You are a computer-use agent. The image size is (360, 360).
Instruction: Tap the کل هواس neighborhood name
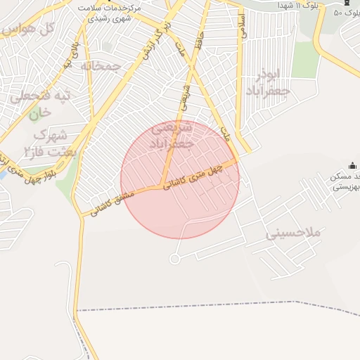pos(27,30)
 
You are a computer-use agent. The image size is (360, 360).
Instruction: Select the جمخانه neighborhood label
pos(101,66)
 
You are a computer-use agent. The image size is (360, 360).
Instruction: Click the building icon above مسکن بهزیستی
pos(352,166)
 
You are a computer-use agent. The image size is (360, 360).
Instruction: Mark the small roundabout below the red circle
pos(175,259)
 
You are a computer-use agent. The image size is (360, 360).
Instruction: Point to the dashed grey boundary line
pos(211,307)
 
